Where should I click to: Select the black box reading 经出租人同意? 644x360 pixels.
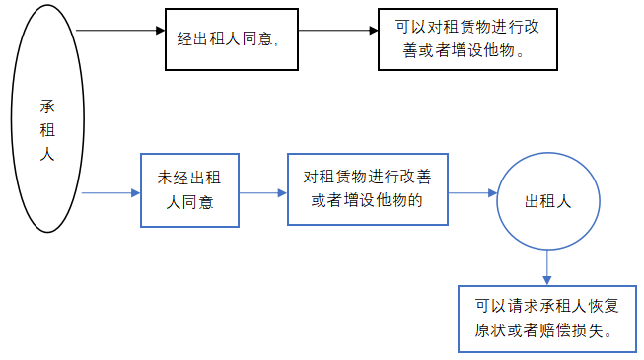tap(231, 39)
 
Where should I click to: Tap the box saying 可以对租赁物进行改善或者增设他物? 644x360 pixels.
tap(459, 39)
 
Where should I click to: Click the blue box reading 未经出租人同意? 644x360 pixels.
tap(190, 190)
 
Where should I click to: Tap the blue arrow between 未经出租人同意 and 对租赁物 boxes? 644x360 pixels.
tap(262, 193)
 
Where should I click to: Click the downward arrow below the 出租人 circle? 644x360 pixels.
tap(547, 266)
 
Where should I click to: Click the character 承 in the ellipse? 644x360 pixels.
tap(45, 106)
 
